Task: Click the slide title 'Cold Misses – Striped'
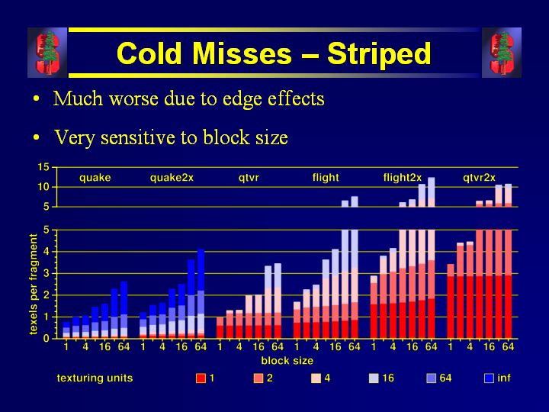pyautogui.click(x=274, y=53)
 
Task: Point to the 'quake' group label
pyautogui.click(x=95, y=178)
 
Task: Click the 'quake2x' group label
pyautogui.click(x=172, y=178)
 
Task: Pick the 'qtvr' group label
pyautogui.click(x=249, y=178)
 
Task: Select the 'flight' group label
pyautogui.click(x=326, y=178)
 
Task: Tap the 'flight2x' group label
pyautogui.click(x=402, y=178)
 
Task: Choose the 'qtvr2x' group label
pyautogui.click(x=479, y=178)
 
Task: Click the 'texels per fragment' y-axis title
pyautogui.click(x=34, y=284)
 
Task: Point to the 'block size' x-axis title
pyautogui.click(x=287, y=360)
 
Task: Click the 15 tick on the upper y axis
pyautogui.click(x=43, y=167)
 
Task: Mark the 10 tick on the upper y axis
pyautogui.click(x=43, y=187)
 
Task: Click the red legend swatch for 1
pyautogui.click(x=201, y=378)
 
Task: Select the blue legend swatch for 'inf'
pyautogui.click(x=490, y=378)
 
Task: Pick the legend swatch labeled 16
pyautogui.click(x=373, y=378)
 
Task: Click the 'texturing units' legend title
pyautogui.click(x=95, y=378)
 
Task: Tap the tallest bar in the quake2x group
pyautogui.click(x=201, y=294)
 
